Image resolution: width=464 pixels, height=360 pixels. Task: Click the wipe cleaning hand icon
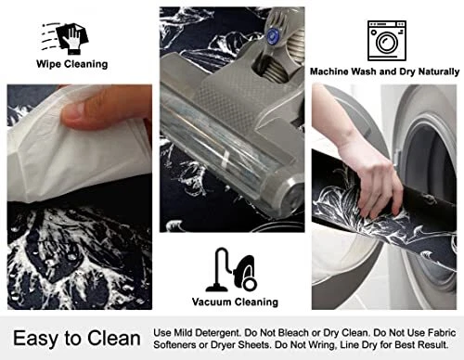tap(65, 38)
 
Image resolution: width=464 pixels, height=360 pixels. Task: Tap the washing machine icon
tap(387, 41)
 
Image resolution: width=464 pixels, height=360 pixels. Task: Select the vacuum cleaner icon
tap(231, 270)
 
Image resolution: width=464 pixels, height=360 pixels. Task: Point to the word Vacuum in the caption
tap(211, 302)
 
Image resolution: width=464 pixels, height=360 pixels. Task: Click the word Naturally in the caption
tap(439, 71)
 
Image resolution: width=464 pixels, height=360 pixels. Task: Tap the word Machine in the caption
tap(329, 71)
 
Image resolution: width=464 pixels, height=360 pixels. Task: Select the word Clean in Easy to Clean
tap(114, 338)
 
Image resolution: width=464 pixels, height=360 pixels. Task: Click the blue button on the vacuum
tap(272, 35)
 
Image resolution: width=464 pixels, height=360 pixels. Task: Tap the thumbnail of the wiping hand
tap(80, 197)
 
